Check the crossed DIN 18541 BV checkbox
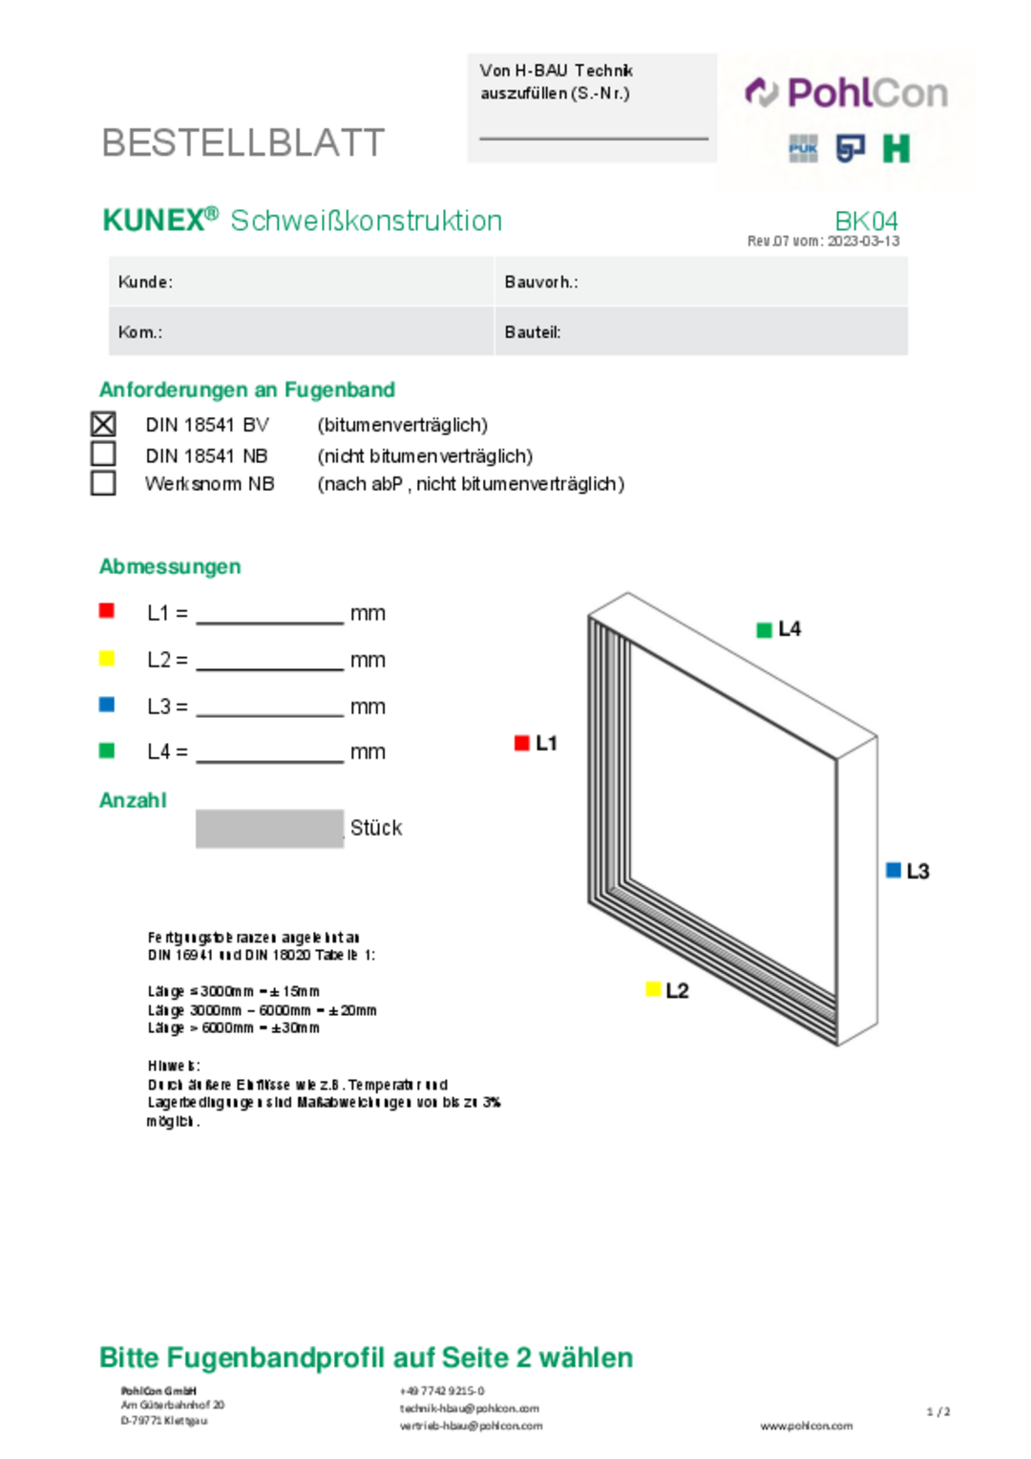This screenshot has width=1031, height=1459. [103, 424]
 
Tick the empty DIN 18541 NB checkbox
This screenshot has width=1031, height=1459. [103, 454]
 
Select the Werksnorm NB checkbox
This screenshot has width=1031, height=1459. [103, 483]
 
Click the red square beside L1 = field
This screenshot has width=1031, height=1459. [107, 611]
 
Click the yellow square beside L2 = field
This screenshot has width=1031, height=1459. [107, 658]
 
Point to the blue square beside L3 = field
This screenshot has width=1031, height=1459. [107, 705]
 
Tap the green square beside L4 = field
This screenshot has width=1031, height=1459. [107, 751]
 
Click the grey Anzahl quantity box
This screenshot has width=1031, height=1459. [269, 829]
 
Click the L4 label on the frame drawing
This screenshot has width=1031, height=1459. [789, 629]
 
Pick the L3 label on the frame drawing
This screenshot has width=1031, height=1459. [917, 871]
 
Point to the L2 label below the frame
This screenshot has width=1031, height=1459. [677, 990]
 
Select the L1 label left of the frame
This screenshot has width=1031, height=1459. [546, 743]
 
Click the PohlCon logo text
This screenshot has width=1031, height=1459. [867, 94]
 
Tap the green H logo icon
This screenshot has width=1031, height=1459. [895, 148]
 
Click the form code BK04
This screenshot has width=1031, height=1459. [866, 222]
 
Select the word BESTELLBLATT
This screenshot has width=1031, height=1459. [243, 143]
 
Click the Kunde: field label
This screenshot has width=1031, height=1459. [145, 282]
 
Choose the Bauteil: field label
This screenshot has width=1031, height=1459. [533, 332]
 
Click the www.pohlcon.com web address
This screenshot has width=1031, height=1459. [807, 1426]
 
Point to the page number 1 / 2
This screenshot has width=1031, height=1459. [938, 1411]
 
